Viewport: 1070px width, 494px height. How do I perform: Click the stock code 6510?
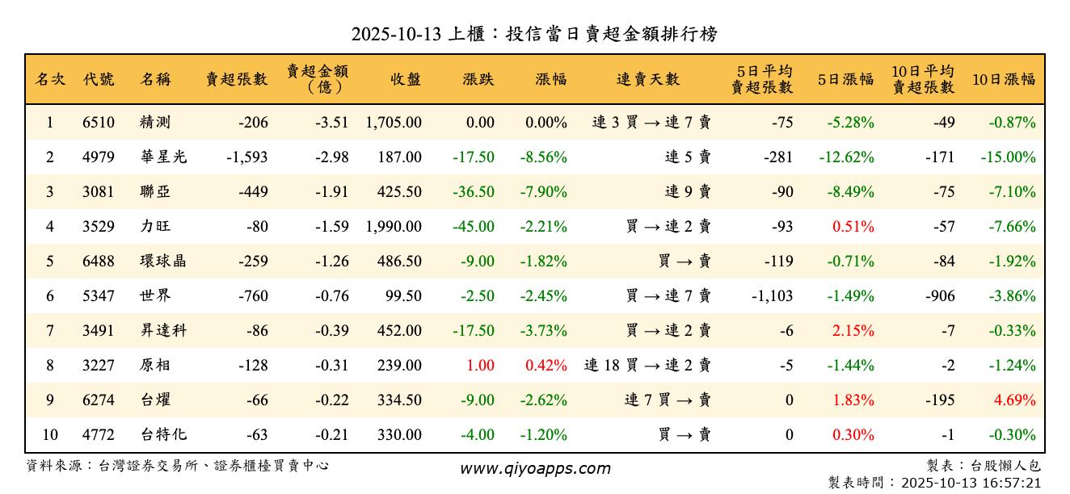(99, 123)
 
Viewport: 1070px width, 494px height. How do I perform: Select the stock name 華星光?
(163, 157)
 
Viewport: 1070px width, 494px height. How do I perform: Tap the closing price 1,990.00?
(394, 227)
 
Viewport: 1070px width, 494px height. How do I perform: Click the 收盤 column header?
(406, 79)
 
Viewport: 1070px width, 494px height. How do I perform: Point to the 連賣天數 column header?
(648, 79)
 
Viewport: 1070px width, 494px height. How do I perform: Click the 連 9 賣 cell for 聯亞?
(688, 192)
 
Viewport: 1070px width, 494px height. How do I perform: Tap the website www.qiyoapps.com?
(535, 468)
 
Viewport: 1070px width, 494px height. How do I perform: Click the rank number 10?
(50, 434)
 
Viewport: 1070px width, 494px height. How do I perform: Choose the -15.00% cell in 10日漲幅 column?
(1008, 157)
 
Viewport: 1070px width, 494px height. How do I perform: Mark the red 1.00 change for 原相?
(480, 365)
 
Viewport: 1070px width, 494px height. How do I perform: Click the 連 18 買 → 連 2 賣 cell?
(647, 365)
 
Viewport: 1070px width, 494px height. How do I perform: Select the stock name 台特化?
(163, 434)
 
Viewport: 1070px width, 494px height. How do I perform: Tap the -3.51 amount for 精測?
(332, 123)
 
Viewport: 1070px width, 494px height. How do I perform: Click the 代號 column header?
(99, 79)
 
